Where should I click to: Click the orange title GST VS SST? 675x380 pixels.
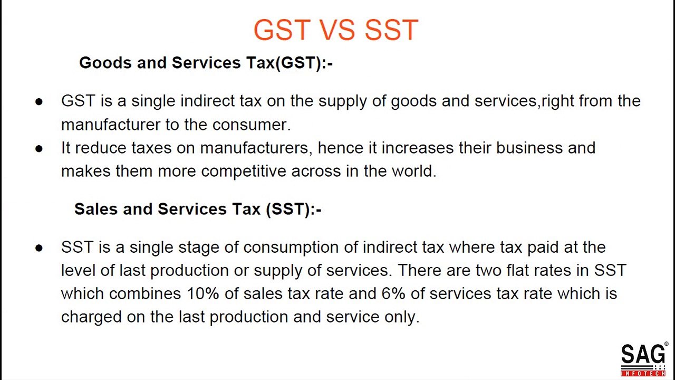click(x=336, y=30)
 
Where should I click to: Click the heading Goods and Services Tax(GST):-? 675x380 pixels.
click(x=206, y=63)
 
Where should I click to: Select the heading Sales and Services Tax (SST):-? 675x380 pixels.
click(x=198, y=209)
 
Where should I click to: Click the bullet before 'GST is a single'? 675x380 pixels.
click(x=38, y=101)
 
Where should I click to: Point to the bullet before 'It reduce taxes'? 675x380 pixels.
click(x=38, y=148)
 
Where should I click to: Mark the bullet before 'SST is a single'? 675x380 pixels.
click(x=38, y=248)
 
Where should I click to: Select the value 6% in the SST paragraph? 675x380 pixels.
click(x=393, y=293)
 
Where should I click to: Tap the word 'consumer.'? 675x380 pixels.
click(x=252, y=125)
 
